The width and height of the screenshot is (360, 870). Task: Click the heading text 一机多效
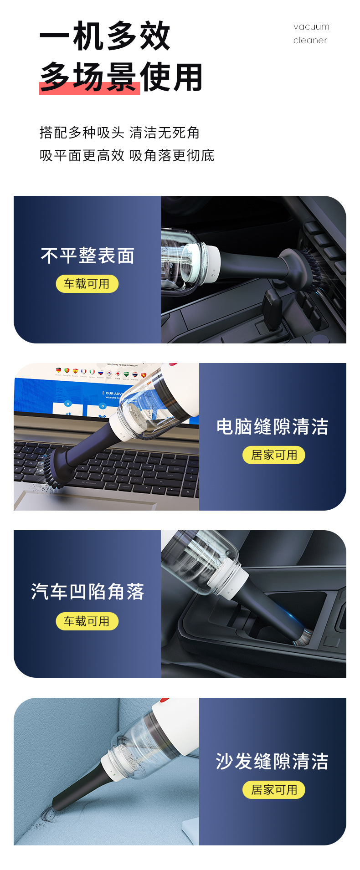pos(105,36)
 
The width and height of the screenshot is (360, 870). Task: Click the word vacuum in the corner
pos(311,27)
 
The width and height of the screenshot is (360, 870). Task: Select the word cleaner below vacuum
pos(310,41)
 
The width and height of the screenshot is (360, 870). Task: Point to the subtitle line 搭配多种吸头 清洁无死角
pos(119,133)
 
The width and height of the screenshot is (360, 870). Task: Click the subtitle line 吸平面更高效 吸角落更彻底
pos(127,155)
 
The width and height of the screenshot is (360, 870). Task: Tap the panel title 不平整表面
pos(87,256)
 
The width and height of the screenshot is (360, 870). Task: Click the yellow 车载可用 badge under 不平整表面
pos(87,284)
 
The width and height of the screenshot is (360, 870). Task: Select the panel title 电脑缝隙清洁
pos(273,427)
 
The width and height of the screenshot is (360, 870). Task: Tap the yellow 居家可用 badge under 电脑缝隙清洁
pos(274,455)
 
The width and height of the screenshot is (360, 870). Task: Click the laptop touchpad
pos(82,503)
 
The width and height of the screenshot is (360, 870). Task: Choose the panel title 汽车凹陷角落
pos(87,592)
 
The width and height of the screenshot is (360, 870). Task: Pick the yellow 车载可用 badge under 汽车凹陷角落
pos(87,621)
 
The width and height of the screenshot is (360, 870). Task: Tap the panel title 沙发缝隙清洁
pos(272,762)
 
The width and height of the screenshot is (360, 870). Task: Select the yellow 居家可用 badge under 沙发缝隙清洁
pos(274,790)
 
